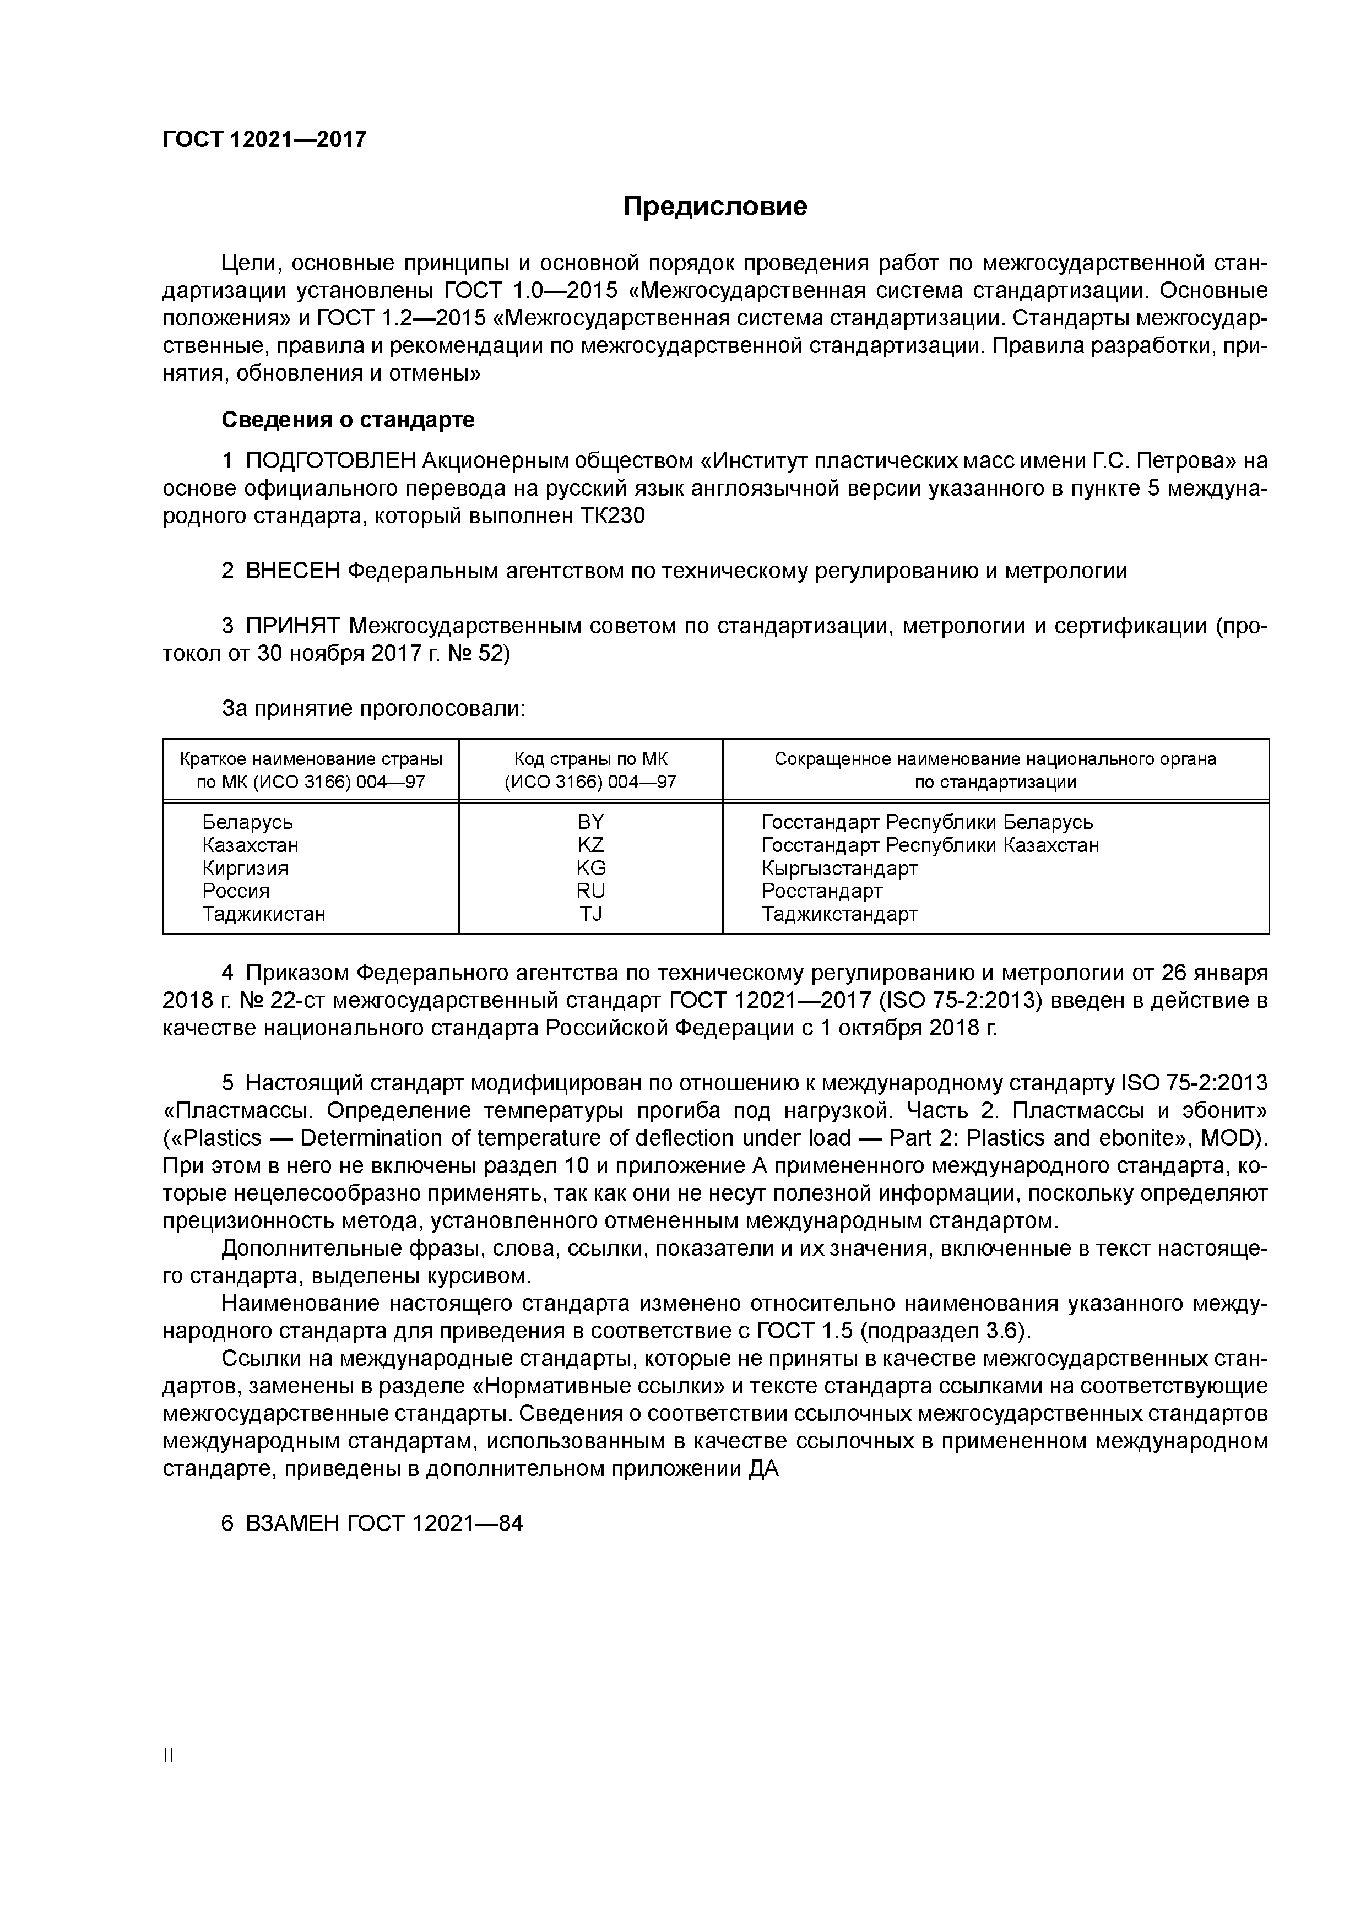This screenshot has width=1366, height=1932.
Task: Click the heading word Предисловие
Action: (714, 206)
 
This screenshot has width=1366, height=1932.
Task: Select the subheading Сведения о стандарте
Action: (348, 419)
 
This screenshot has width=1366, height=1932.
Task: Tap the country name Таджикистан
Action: (263, 913)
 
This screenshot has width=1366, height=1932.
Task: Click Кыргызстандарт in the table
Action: (839, 867)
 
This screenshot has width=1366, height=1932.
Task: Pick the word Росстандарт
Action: (821, 890)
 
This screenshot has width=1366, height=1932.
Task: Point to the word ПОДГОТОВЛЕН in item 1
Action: (330, 461)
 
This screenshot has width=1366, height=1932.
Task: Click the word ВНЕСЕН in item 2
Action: (293, 571)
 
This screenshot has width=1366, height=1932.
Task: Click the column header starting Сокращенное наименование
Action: (995, 759)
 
